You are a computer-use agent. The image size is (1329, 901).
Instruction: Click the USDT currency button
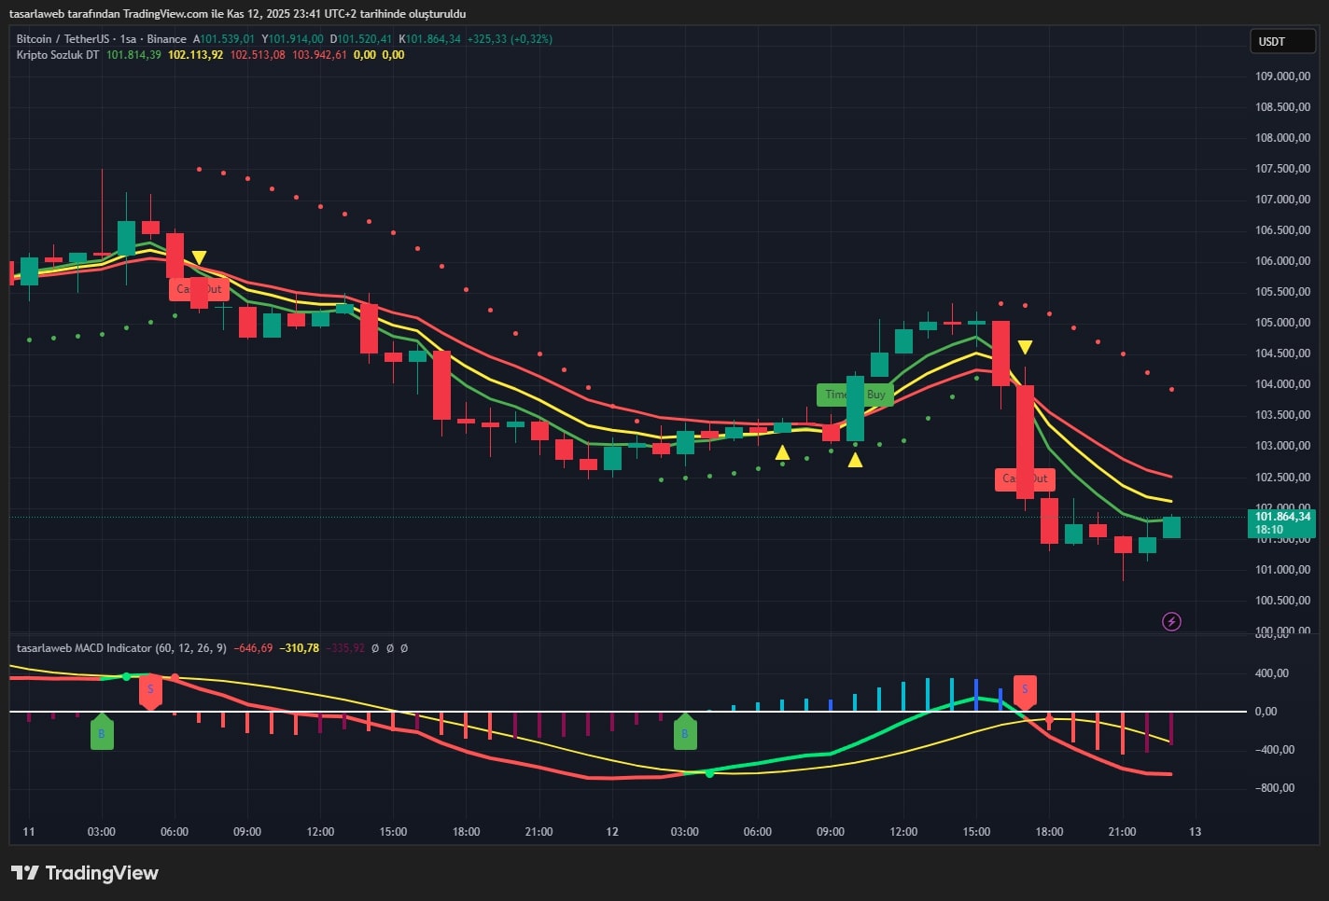point(1281,41)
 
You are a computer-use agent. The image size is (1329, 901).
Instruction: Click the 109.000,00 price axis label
point(1282,76)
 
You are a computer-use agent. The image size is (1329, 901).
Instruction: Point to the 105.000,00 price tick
point(1282,323)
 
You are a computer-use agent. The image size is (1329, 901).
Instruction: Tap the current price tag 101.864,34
point(1281,517)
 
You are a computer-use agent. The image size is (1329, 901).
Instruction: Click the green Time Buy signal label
point(855,395)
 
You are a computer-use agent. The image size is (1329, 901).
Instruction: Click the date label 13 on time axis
point(1195,831)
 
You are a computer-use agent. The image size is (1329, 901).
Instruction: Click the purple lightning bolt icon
point(1171,621)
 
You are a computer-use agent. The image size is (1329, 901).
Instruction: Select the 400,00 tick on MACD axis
point(1271,673)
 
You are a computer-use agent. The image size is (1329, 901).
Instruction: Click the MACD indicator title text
point(84,648)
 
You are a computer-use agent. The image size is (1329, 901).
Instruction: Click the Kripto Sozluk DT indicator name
point(57,55)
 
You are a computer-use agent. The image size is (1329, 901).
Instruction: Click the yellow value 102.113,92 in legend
point(195,55)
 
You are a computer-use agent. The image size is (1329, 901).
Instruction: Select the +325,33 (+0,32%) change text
point(510,39)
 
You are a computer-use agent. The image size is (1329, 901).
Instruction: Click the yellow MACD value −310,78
point(299,648)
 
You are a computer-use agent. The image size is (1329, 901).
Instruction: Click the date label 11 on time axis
point(29,831)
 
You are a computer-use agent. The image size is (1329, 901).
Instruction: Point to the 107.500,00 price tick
point(1282,169)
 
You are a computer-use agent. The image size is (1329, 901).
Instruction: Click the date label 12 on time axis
point(612,831)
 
